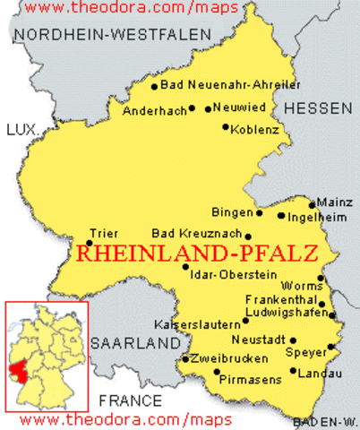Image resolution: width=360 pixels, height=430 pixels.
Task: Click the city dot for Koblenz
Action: coord(226,127)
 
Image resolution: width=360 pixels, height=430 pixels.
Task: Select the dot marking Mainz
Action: coord(313,204)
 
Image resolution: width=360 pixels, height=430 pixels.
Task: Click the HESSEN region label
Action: coord(319,107)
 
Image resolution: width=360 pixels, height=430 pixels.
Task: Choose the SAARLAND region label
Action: coord(135,344)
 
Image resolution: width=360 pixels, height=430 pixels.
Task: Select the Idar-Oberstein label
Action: coord(230,273)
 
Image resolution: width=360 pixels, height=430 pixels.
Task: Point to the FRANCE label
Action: coord(131,400)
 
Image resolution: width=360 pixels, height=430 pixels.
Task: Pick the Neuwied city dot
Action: coord(208,109)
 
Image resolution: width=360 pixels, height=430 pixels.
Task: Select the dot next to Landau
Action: coord(293,372)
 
